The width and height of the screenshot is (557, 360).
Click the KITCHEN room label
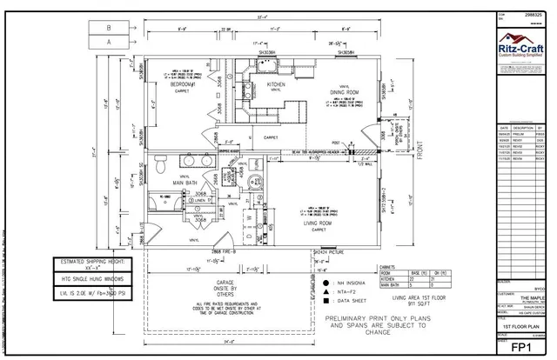(x=277, y=84)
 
